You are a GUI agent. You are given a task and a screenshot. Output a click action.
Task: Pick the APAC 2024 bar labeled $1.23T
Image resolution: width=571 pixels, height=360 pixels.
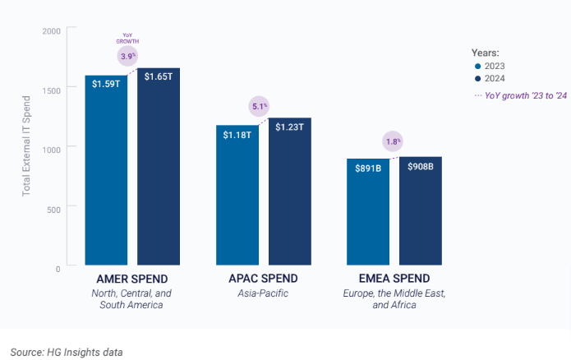tap(289, 192)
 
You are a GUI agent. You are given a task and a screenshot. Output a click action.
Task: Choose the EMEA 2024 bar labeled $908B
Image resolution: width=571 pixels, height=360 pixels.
tap(420, 211)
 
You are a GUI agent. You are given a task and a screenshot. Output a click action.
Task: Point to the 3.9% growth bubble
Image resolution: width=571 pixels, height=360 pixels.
tap(128, 55)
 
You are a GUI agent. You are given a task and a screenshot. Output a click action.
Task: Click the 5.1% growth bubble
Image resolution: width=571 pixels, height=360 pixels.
tap(259, 106)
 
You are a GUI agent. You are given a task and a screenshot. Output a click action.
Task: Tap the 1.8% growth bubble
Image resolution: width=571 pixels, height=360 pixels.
tap(394, 141)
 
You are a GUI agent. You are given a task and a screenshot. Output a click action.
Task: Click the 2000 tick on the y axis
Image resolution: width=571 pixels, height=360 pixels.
tap(51, 31)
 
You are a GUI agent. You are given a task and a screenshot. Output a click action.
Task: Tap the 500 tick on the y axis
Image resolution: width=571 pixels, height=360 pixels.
tap(53, 210)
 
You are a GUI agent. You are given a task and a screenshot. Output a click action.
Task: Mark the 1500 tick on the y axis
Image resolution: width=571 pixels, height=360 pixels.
tap(51, 89)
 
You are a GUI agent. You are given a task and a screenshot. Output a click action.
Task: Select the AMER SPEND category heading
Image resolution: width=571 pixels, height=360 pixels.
tap(132, 279)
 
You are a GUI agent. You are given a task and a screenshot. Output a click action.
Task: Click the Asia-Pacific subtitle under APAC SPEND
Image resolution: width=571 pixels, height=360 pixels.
tap(264, 293)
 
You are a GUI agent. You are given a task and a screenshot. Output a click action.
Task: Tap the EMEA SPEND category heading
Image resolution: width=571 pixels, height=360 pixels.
tap(393, 279)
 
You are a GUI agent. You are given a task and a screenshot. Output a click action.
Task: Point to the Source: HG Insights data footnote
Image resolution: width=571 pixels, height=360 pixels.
tap(67, 352)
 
